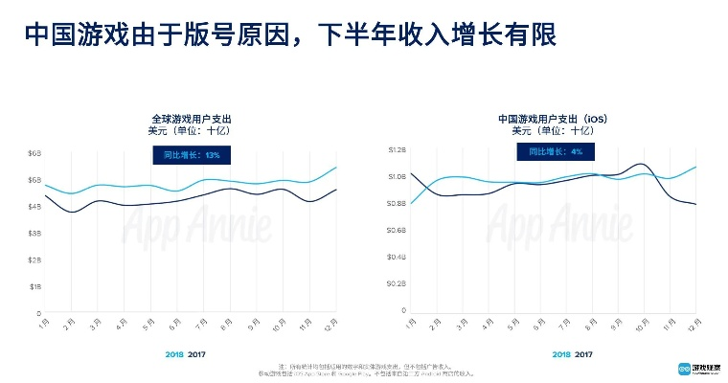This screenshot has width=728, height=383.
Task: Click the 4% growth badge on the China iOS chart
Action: coord(556,151)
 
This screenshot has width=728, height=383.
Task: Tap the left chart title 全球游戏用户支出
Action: coord(192,119)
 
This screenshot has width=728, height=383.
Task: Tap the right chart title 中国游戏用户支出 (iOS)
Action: coord(554,119)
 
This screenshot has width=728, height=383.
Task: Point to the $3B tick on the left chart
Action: coord(34,233)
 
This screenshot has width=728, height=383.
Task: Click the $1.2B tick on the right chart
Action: coord(398,150)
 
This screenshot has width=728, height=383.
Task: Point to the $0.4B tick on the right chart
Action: coord(398,257)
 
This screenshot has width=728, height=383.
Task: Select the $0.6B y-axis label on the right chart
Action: coord(398,230)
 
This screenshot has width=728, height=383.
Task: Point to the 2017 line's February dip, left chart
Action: coord(73,212)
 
